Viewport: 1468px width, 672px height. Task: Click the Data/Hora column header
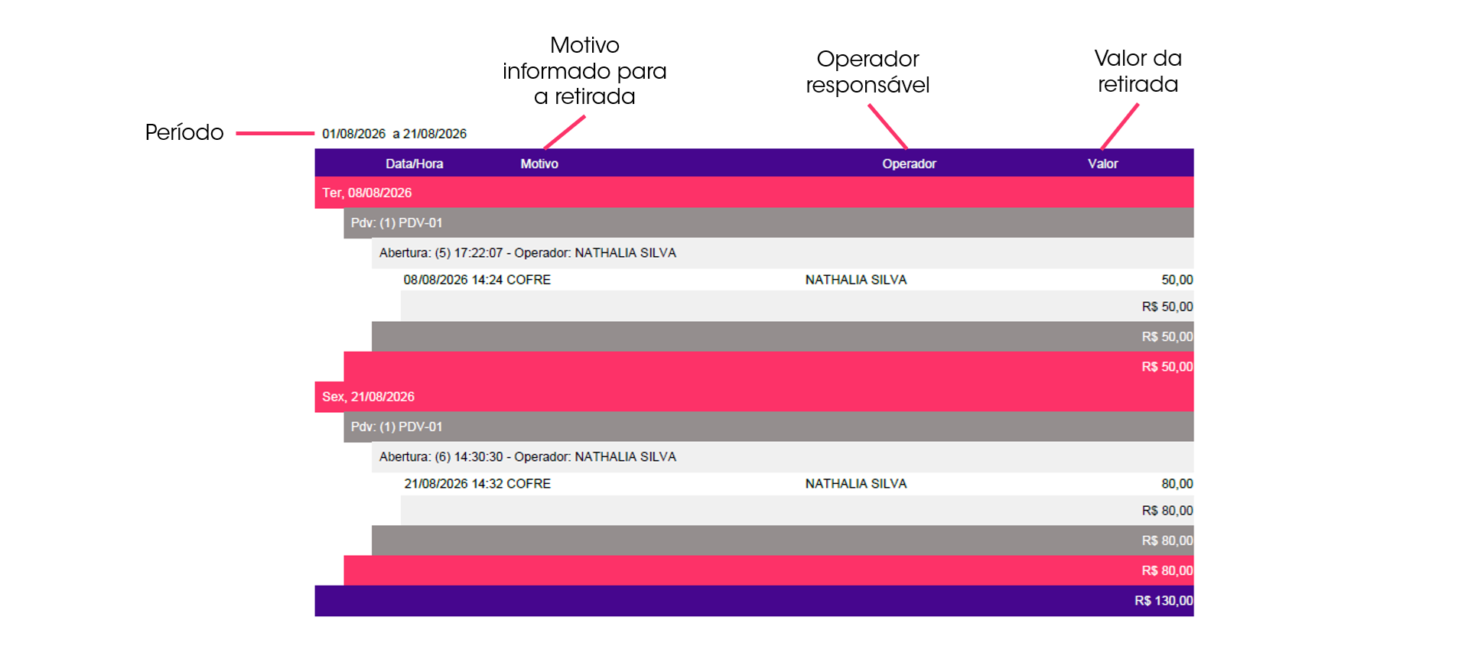click(x=414, y=164)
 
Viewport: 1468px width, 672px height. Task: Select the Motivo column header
click(x=539, y=164)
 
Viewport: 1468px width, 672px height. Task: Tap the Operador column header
click(x=909, y=164)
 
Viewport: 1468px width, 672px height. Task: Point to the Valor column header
click(x=1102, y=164)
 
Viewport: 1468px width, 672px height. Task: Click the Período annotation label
click(x=184, y=132)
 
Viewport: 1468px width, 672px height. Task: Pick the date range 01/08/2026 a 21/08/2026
click(x=394, y=134)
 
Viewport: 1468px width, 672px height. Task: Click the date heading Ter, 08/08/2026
click(x=366, y=193)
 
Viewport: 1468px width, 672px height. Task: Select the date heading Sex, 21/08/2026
click(x=368, y=397)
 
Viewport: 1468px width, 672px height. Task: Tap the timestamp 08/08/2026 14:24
click(x=453, y=280)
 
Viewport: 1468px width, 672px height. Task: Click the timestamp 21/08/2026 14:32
click(x=453, y=484)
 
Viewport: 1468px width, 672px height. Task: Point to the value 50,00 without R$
click(x=1177, y=280)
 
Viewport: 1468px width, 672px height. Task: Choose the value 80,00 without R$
click(x=1177, y=484)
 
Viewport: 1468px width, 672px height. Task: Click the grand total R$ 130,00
click(x=1164, y=601)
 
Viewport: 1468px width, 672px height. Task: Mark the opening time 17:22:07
click(x=478, y=253)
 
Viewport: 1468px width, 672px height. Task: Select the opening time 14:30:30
click(x=478, y=457)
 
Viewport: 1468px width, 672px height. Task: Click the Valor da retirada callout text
click(x=1138, y=71)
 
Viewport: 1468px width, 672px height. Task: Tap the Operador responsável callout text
click(x=867, y=72)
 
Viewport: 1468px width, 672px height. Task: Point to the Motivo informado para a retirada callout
click(x=584, y=70)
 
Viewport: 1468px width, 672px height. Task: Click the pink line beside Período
click(x=275, y=133)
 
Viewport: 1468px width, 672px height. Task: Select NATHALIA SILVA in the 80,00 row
click(x=855, y=484)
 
